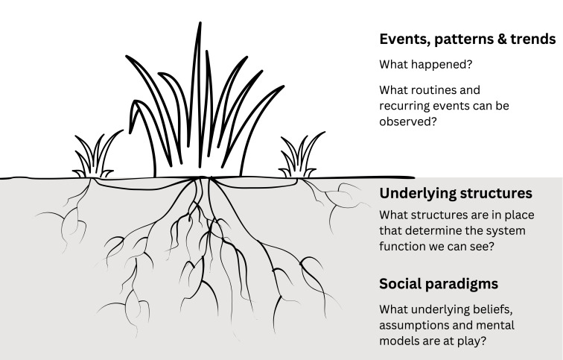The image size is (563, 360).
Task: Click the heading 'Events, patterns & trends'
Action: [x=467, y=39]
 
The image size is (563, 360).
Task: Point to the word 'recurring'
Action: [x=407, y=106]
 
